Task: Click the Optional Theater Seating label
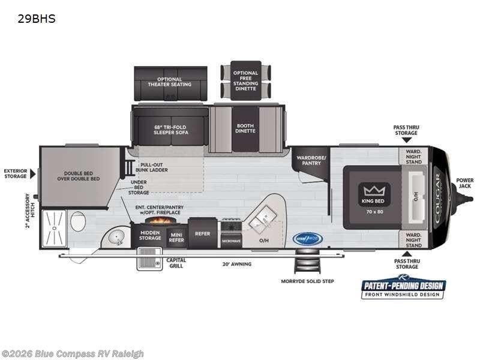click(x=174, y=82)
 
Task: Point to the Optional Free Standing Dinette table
click(x=245, y=81)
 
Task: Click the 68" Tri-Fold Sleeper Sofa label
click(x=172, y=128)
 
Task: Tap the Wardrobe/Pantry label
click(x=311, y=160)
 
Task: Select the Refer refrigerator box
click(x=203, y=233)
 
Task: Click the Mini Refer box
click(x=176, y=237)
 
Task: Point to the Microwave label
click(x=231, y=240)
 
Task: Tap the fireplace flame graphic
click(x=150, y=221)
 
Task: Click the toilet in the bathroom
click(x=77, y=223)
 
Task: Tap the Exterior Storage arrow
click(x=34, y=173)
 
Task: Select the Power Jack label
click(x=464, y=183)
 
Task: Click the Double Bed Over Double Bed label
click(x=79, y=175)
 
